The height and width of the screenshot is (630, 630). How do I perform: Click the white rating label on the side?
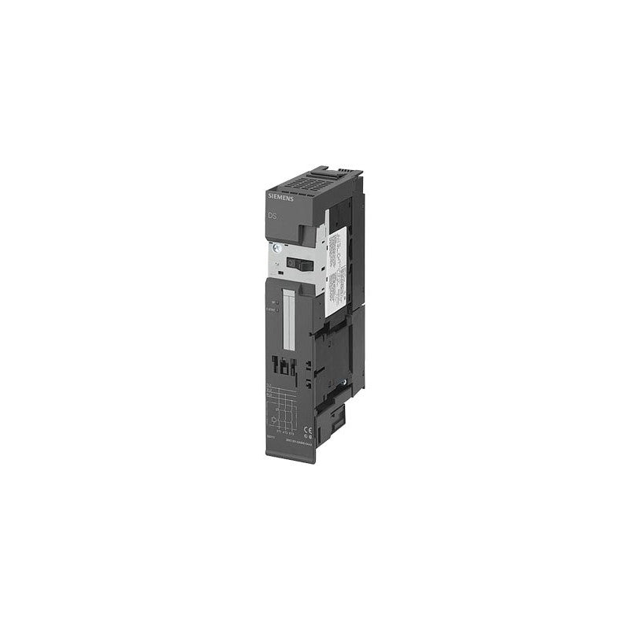[338, 260]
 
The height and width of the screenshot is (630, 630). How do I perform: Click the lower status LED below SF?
[276, 309]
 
